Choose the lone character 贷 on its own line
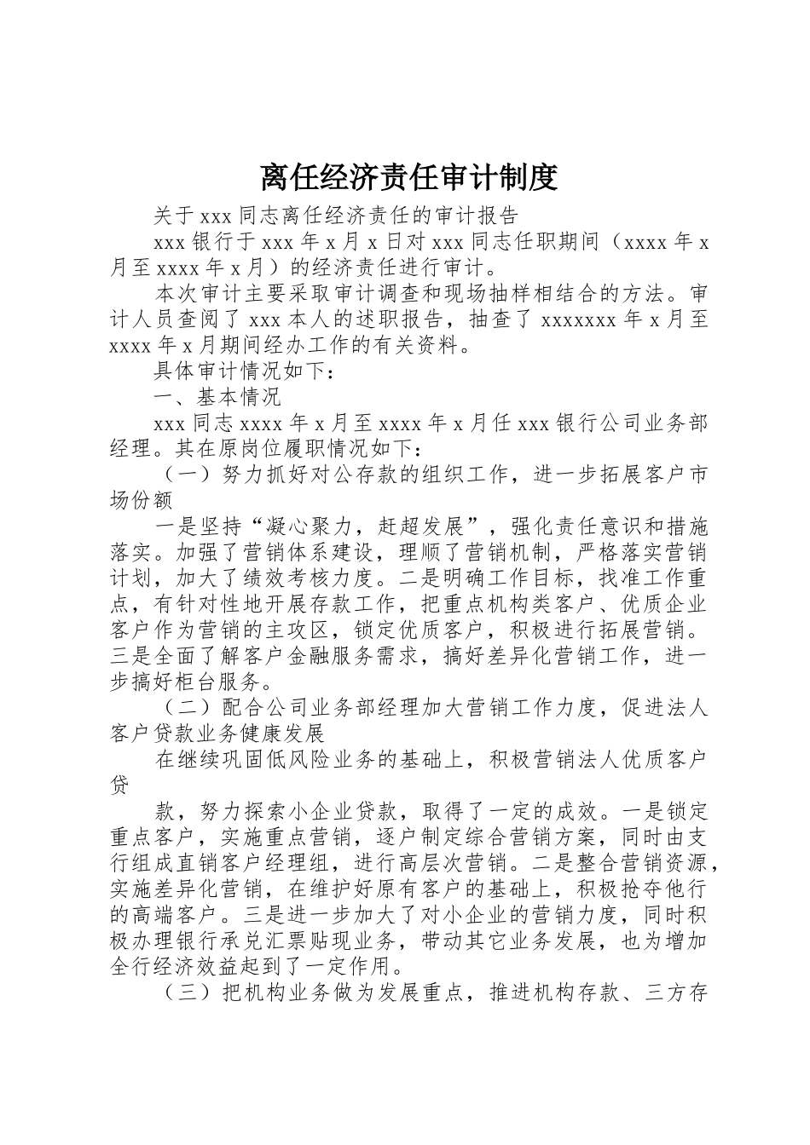[x=121, y=785]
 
